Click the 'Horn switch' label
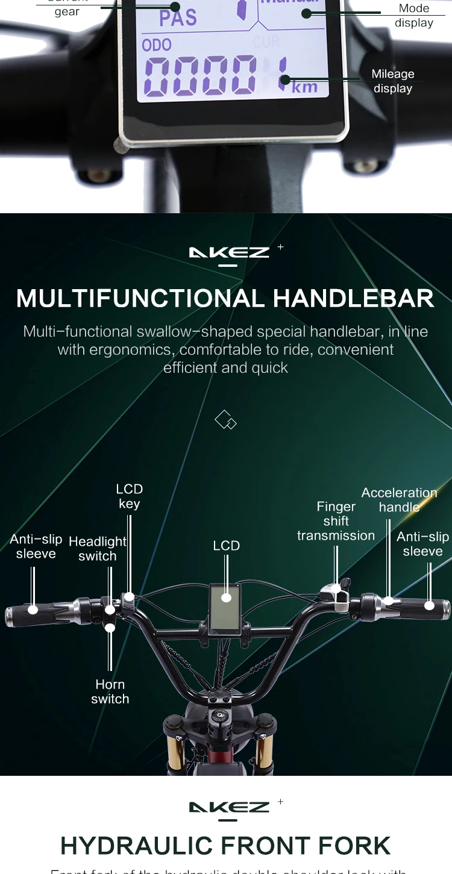pyautogui.click(x=110, y=691)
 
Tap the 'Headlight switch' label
pyautogui.click(x=98, y=549)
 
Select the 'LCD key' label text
pyautogui.click(x=129, y=496)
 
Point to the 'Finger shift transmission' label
pyautogui.click(x=336, y=521)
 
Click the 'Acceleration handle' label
pyautogui.click(x=399, y=500)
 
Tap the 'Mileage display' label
pyautogui.click(x=393, y=81)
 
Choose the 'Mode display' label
pyautogui.click(x=414, y=16)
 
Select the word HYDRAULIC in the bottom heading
pyautogui.click(x=136, y=846)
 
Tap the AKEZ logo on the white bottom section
pyautogui.click(x=229, y=808)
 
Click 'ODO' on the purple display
pyautogui.click(x=157, y=45)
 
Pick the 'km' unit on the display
pyautogui.click(x=304, y=87)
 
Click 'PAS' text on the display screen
pyautogui.click(x=178, y=17)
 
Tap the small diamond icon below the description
pyautogui.click(x=225, y=420)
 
